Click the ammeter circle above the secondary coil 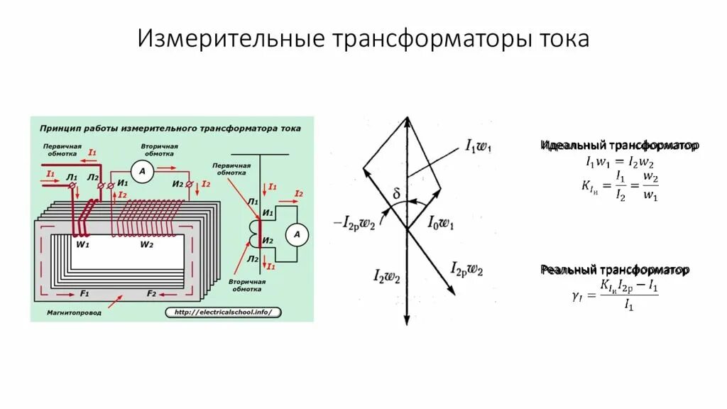click(142, 173)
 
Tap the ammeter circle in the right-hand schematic click(298, 234)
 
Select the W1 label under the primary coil click(82, 245)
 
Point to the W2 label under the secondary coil click(147, 245)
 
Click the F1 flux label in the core click(84, 293)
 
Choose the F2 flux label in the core click(151, 293)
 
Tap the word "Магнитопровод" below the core click(75, 312)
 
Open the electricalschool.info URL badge click(223, 312)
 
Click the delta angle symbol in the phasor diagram click(396, 193)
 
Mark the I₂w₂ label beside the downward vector click(386, 277)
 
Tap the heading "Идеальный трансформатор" click(620, 146)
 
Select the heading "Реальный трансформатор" click(615, 271)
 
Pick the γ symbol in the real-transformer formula click(576, 295)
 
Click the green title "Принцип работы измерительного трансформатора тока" click(170, 129)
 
